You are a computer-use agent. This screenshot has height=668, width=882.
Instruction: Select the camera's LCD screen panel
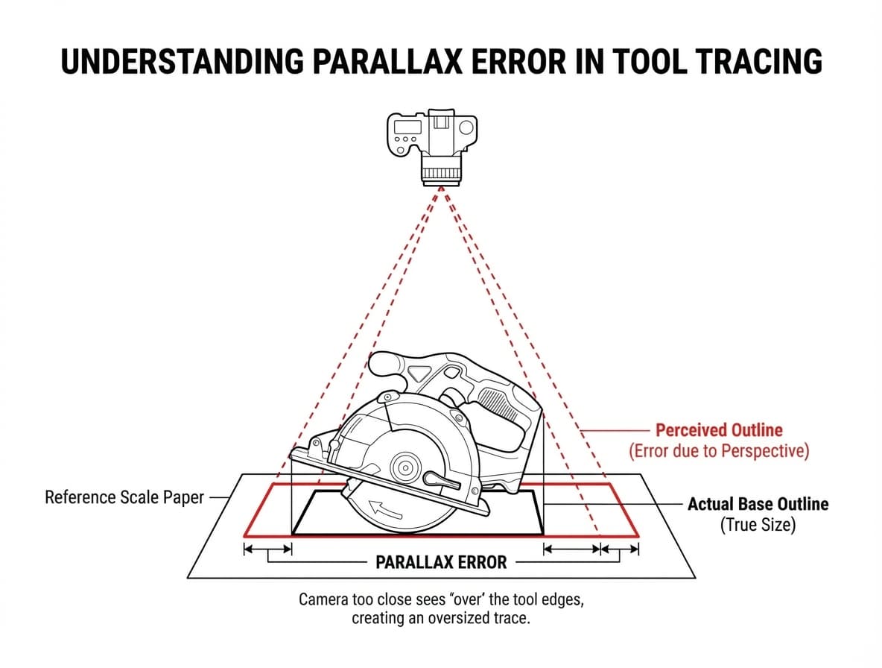[x=407, y=127]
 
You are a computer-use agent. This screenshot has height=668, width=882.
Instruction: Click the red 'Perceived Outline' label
[x=719, y=430]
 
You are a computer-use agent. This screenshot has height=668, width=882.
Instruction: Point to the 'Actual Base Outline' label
[x=757, y=504]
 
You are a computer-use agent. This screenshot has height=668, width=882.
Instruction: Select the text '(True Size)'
[x=757, y=525]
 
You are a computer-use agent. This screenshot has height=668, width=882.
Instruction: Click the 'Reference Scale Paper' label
[x=124, y=497]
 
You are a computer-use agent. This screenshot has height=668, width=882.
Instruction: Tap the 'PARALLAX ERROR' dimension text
[x=441, y=562]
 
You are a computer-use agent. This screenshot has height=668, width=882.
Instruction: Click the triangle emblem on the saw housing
[x=424, y=372]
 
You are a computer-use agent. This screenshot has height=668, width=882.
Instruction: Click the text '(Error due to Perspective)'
[x=719, y=450]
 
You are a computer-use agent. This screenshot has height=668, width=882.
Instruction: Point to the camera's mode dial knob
[x=467, y=127]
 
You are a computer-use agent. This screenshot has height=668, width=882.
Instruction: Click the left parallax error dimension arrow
[x=267, y=549]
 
